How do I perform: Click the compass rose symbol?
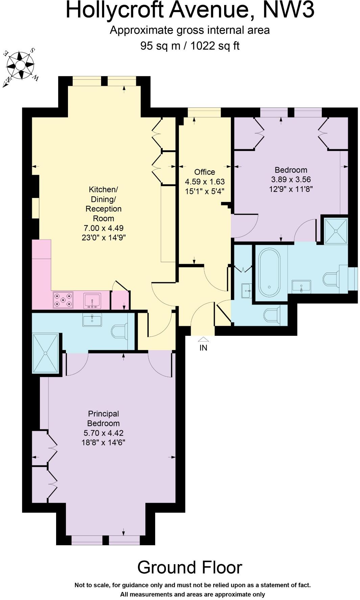pos(20,66)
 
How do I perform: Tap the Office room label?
pos(205,172)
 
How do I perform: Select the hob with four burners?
pos(63,300)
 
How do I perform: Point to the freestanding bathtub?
pos(269,273)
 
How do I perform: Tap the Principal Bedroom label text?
pos(103,419)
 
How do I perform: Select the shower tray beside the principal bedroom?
pos(46,353)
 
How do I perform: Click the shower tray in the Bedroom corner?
pos(336,231)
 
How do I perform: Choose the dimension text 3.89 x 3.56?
pos(291,179)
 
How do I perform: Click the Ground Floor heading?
pos(190,567)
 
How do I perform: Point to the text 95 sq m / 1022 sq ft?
pos(190,46)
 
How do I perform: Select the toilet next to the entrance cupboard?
pos(272,315)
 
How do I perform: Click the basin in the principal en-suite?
pos(92,319)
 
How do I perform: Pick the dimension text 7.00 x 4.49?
pos(103,228)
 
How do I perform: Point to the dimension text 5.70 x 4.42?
pos(103,433)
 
